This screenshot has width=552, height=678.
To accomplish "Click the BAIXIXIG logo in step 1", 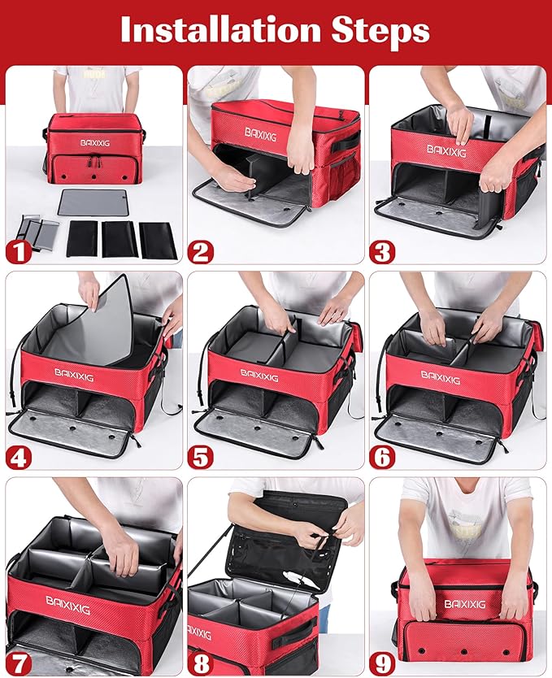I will point(96,141).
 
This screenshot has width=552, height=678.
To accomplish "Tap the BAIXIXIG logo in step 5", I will point(259,376).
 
